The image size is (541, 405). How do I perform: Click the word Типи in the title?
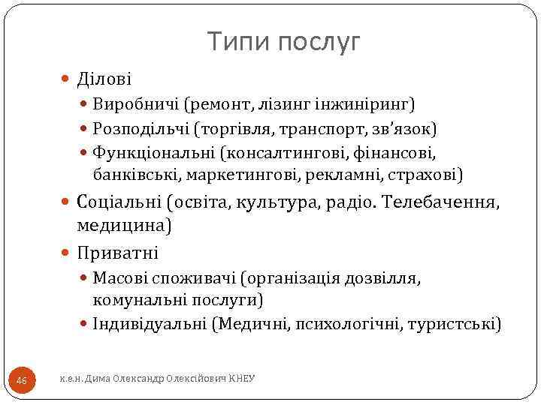click(x=238, y=43)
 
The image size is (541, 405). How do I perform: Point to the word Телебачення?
click(x=439, y=202)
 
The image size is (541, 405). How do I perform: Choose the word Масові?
click(x=120, y=279)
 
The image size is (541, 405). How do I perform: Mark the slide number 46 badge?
click(x=21, y=381)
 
